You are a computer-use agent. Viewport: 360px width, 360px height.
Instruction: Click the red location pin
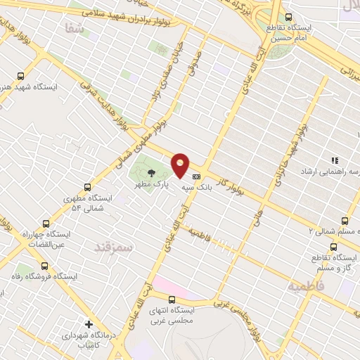pos(181,165)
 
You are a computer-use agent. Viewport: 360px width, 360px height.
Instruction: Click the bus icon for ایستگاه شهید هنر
pos(20,76)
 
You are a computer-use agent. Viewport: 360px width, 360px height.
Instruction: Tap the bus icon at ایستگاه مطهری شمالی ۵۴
pos(87,187)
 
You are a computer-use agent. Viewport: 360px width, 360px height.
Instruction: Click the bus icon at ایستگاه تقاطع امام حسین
pos(288,18)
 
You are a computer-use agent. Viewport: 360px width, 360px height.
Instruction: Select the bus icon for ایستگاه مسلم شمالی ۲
pos(344,219)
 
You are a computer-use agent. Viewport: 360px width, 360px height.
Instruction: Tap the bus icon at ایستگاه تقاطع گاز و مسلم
pos(334,247)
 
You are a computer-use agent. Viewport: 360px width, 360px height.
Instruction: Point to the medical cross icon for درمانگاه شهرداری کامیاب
pos(88,324)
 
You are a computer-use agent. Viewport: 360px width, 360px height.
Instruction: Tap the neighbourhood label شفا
pos(73,29)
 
